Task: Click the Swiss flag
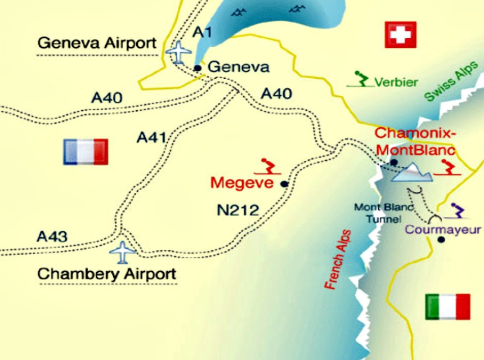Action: coord(400,35)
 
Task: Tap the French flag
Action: coord(86,152)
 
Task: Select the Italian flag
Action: coord(448,307)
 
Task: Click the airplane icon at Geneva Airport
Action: coord(180,52)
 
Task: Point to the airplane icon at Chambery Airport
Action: coord(123,252)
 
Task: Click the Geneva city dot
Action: coord(198,68)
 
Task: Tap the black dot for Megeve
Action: coord(284,184)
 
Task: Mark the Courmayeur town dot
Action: coord(441,240)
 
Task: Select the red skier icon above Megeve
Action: coord(268,166)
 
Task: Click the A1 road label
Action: coord(203,33)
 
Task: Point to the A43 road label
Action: coord(52,236)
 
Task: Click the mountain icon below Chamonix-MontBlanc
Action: coord(411,173)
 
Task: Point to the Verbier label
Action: coord(397,83)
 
